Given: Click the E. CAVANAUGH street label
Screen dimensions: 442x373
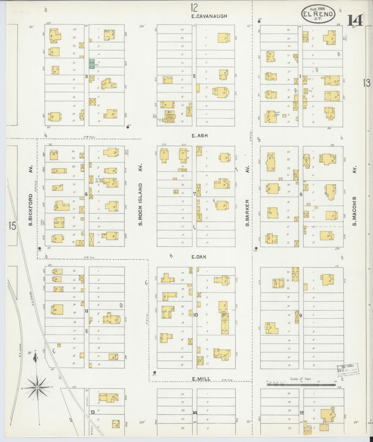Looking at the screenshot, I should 209,16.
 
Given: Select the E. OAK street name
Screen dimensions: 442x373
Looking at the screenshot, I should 199,257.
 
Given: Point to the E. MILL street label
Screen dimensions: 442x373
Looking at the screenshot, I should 201,379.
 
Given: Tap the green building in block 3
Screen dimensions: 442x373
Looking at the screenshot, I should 92,64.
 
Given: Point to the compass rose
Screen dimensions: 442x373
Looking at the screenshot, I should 38,388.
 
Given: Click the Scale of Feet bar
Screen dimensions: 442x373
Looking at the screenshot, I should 301,384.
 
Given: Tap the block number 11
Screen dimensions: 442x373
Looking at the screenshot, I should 86,311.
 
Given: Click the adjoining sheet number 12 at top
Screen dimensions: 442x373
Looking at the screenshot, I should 194,8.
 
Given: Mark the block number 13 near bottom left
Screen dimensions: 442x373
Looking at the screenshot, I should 92,412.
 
